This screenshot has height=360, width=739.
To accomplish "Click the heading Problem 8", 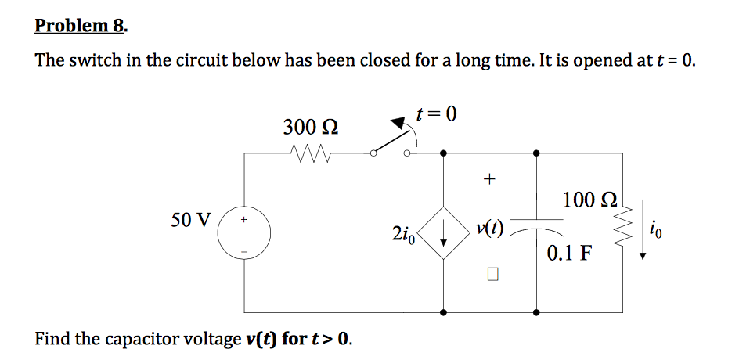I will pyautogui.click(x=81, y=26).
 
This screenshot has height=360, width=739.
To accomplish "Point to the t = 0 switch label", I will pyautogui.click(x=436, y=114).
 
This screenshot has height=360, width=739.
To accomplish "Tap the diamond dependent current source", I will pyautogui.click(x=444, y=230).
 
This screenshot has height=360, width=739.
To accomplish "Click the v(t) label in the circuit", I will pyautogui.click(x=489, y=229).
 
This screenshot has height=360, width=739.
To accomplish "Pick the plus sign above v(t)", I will pyautogui.click(x=489, y=179).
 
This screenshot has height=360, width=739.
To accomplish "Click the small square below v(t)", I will pyautogui.click(x=491, y=275).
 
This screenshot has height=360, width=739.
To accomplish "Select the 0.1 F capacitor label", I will pyautogui.click(x=569, y=253).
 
